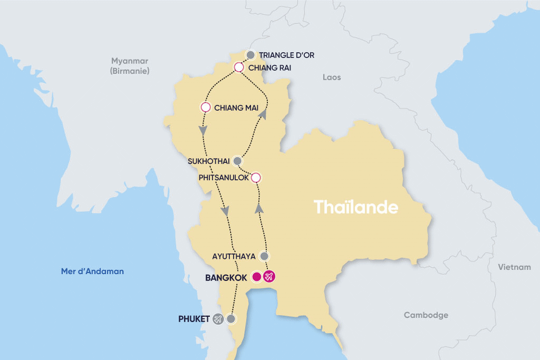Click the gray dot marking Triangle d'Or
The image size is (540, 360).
pos(251,55)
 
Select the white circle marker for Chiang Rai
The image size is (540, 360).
pos(238,67)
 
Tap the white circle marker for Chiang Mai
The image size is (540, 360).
pos(206,107)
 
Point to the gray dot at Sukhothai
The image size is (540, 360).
pos(237,161)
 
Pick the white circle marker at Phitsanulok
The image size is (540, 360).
pos(256,177)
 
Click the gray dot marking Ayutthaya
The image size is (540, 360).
pos(265,256)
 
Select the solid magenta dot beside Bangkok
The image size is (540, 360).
pos(257,277)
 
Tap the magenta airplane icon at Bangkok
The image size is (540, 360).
pos(269,277)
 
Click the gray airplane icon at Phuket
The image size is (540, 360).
pos(218,319)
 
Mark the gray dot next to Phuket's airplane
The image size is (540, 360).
pos(230,319)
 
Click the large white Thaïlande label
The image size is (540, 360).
pos(356,207)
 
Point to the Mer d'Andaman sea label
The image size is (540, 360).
pos(92,271)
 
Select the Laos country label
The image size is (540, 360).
pos(332,77)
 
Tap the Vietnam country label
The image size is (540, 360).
pos(514,267)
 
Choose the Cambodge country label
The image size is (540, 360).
pos(426,315)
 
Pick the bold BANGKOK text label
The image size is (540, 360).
pos(226,277)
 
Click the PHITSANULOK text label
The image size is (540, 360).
pos(224,178)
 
